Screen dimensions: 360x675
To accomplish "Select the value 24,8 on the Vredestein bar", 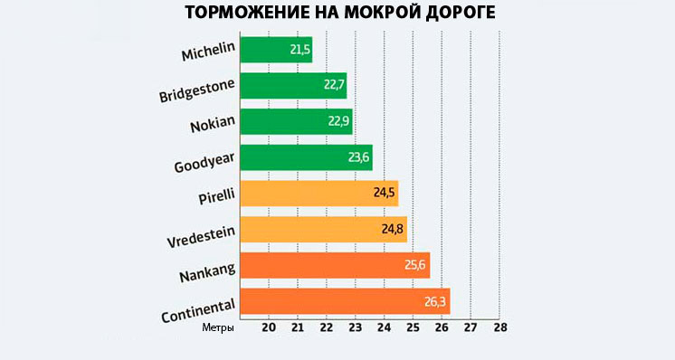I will [x=391, y=230].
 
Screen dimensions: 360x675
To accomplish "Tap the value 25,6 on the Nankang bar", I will [x=414, y=265].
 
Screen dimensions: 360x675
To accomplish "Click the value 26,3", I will [x=434, y=301].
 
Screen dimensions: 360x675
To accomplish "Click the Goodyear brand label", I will [x=204, y=160].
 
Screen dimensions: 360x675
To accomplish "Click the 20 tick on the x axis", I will [x=269, y=327].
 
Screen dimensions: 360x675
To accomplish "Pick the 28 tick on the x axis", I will [x=499, y=327].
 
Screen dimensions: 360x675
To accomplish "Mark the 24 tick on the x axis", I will [x=384, y=327].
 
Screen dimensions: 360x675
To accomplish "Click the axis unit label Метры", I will [x=218, y=327].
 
